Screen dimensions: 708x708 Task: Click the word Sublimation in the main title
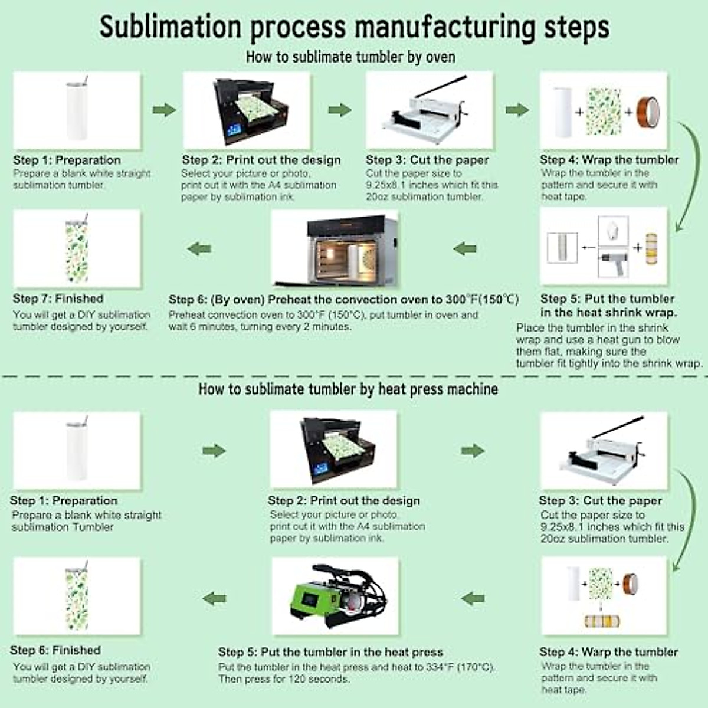tap(171, 27)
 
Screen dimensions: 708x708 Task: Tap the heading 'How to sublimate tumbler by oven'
tap(350, 57)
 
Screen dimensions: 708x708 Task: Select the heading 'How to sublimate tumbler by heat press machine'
tap(348, 389)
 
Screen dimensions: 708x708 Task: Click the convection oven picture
tap(335, 248)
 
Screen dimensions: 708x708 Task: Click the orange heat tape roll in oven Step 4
tap(648, 111)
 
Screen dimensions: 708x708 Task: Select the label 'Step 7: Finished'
tap(58, 299)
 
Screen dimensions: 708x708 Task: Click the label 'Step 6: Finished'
tap(55, 650)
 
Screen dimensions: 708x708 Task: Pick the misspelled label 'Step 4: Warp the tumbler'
tap(608, 652)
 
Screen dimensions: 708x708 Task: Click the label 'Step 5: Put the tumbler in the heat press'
tap(330, 652)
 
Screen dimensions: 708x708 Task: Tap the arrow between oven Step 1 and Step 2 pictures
tap(164, 110)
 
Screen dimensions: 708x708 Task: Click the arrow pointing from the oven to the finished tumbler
tap(199, 248)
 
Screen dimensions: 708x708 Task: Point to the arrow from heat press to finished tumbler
tap(214, 598)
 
